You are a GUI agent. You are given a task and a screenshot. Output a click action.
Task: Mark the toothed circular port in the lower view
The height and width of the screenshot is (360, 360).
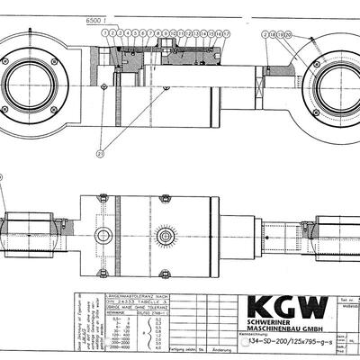[164, 237]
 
